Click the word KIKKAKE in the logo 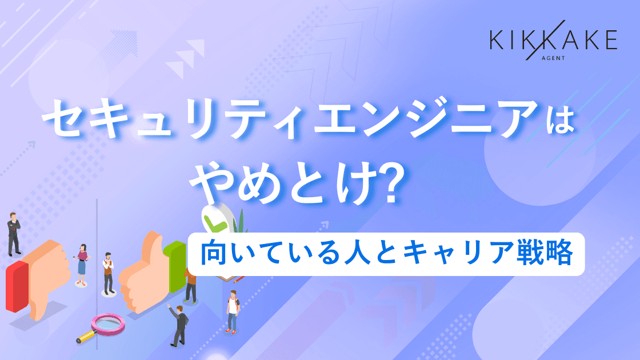[x=553, y=41]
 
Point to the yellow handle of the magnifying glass [x=85, y=337]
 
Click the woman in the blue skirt [x=82, y=264]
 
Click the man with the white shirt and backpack [x=232, y=312]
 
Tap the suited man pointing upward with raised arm [x=178, y=323]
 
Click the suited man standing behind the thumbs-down [x=13, y=234]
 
